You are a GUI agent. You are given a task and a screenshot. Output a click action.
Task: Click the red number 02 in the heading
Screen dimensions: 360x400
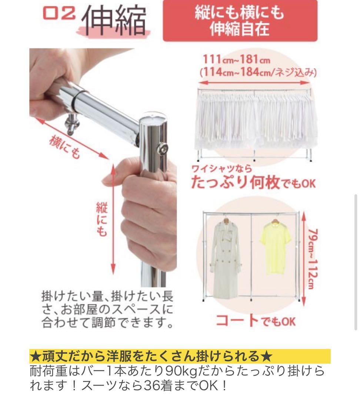[59, 13]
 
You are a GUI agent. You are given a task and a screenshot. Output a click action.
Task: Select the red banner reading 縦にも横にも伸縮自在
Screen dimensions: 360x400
[240, 20]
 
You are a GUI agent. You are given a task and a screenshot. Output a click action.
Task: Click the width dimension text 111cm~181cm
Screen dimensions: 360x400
[237, 59]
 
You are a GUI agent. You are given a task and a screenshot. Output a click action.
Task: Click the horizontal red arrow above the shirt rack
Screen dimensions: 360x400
[254, 83]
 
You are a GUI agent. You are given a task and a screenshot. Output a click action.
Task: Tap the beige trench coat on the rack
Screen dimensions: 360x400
[225, 258]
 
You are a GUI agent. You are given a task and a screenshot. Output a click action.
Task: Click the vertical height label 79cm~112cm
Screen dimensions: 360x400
[313, 259]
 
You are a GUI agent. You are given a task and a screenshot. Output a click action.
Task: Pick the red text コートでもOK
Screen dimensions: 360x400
[256, 321]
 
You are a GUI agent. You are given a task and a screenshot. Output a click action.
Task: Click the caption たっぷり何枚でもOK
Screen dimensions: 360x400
[254, 182]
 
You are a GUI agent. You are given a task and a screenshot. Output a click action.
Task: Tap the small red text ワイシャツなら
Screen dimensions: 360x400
[221, 169]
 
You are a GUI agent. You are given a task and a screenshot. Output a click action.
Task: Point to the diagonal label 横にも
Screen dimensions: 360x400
[65, 147]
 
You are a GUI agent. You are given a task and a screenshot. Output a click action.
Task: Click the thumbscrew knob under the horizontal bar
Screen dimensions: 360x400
[72, 125]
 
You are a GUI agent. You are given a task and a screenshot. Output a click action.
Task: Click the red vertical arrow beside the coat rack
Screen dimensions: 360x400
[303, 259]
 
